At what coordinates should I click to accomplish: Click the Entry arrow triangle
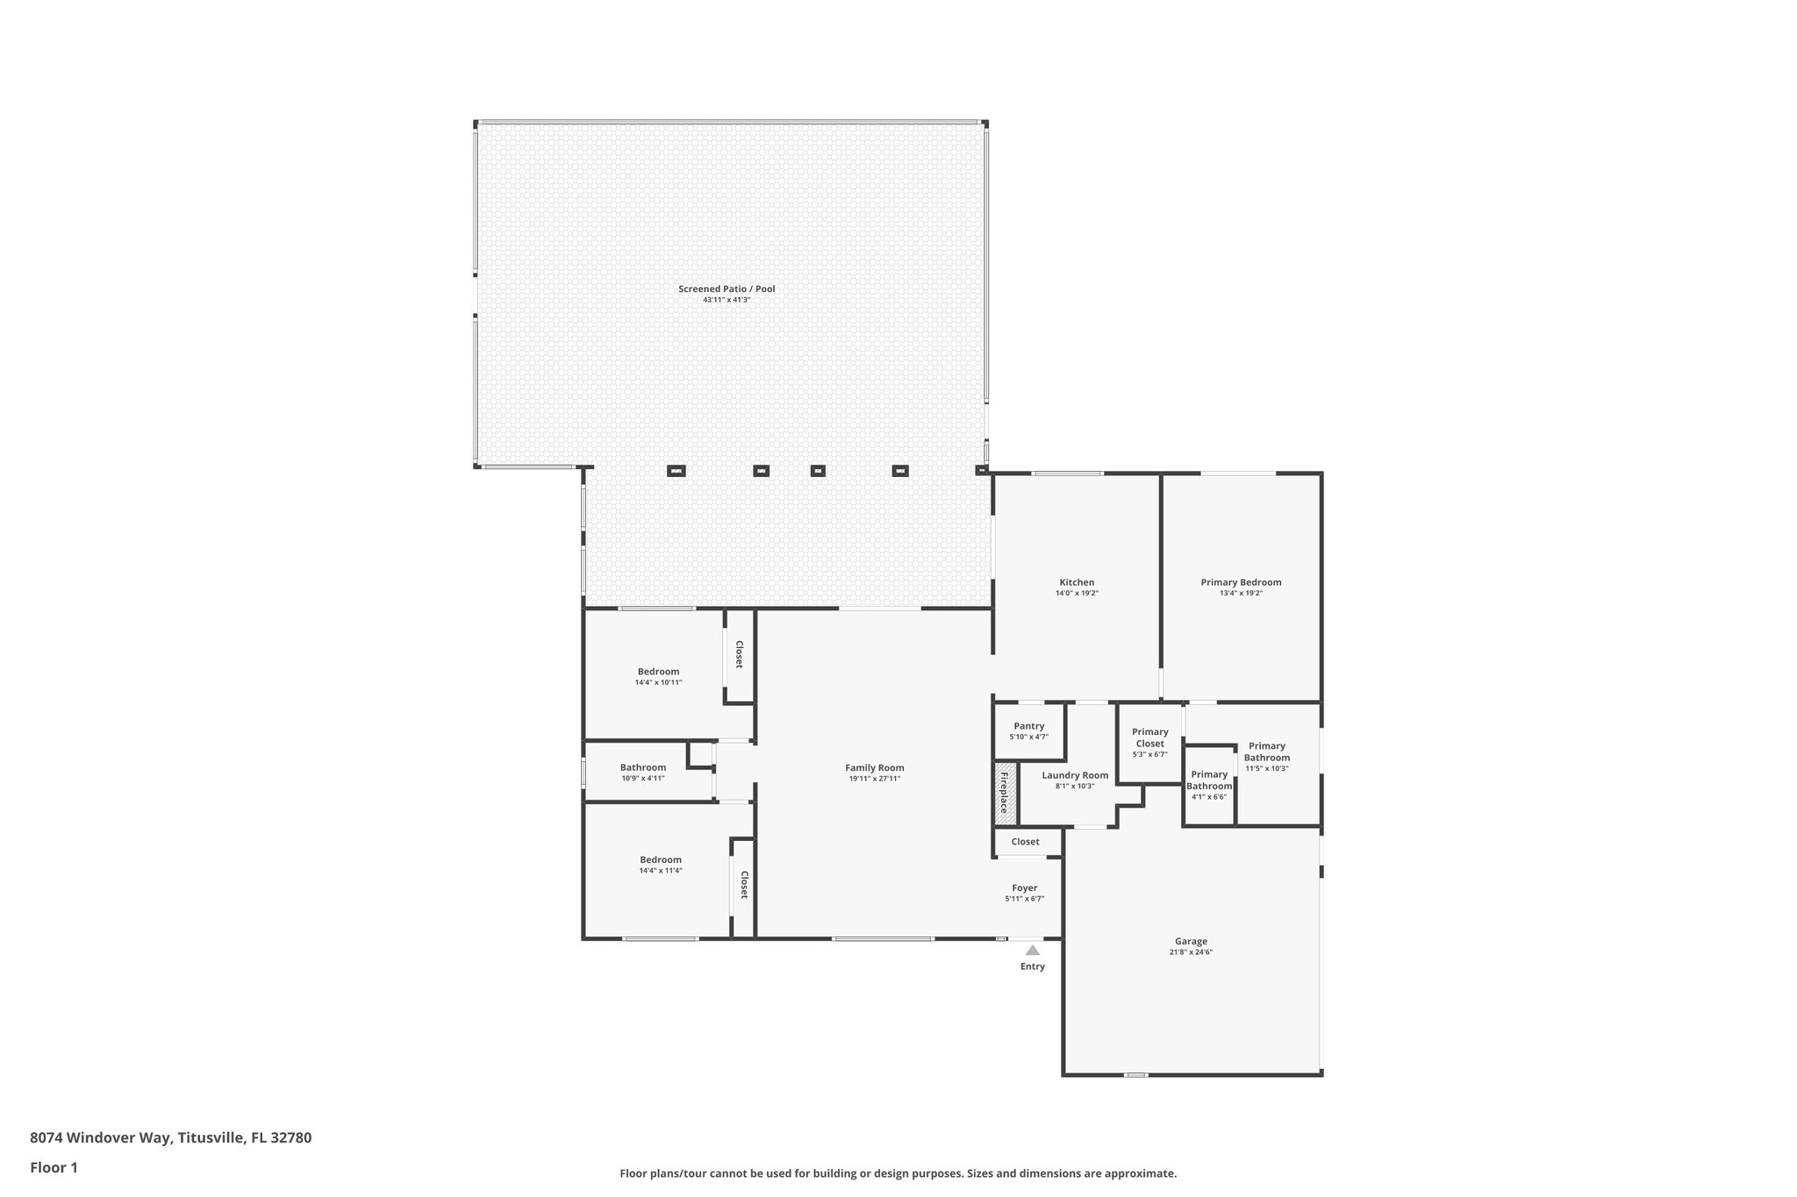click(x=1033, y=950)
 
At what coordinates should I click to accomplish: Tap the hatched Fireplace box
click(x=1006, y=794)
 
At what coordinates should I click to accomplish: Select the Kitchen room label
click(x=1077, y=582)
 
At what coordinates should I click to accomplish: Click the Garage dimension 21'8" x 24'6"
click(x=1191, y=952)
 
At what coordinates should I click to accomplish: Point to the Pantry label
click(x=1028, y=726)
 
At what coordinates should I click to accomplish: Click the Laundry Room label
click(x=1075, y=775)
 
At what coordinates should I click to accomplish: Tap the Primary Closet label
click(x=1149, y=737)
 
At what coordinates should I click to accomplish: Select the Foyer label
click(x=1024, y=888)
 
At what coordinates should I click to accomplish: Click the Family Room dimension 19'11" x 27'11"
click(x=874, y=779)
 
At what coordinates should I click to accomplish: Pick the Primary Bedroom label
click(x=1241, y=582)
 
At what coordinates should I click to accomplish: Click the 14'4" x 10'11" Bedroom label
click(x=658, y=672)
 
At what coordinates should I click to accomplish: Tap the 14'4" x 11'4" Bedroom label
click(x=660, y=860)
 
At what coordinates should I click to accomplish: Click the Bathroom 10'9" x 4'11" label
click(x=643, y=768)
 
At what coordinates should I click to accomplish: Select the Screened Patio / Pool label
click(x=727, y=289)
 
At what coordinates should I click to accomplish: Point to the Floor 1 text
click(x=54, y=1167)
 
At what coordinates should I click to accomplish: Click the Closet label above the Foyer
click(x=1025, y=842)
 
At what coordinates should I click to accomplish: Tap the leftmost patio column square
click(x=676, y=471)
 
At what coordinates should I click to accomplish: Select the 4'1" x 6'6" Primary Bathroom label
click(x=1209, y=780)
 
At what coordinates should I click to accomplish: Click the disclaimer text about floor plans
click(x=898, y=1173)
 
